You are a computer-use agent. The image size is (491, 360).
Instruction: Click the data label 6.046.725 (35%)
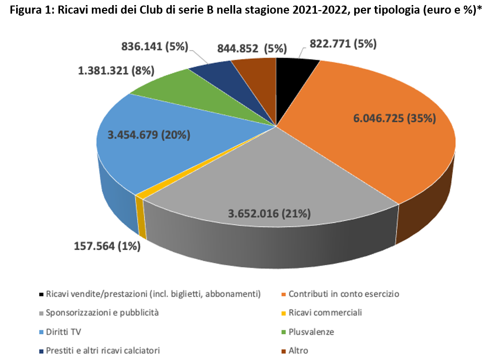pyautogui.click(x=394, y=119)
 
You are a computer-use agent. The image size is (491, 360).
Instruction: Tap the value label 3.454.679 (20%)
pyautogui.click(x=149, y=135)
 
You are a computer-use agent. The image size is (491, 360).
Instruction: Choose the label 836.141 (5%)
pyautogui.click(x=154, y=47)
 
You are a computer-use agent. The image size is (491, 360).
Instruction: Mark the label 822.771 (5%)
pyautogui.click(x=339, y=44)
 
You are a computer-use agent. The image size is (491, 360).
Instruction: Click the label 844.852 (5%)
pyautogui.click(x=252, y=48)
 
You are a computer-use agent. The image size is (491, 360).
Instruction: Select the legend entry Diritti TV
pyautogui.click(x=63, y=332)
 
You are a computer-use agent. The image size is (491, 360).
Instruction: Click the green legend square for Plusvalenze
pyautogui.click(x=284, y=332)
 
